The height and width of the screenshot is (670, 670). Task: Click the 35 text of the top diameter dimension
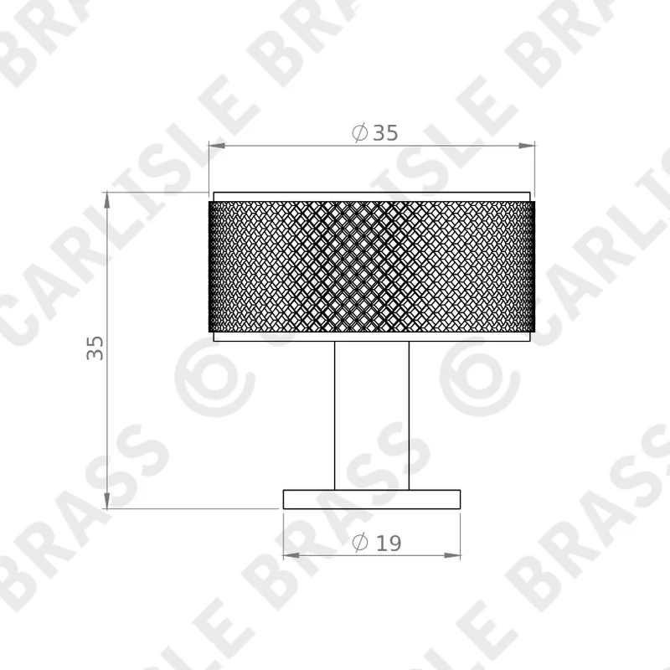[x=385, y=133]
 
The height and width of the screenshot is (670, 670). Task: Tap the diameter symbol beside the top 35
[x=360, y=132]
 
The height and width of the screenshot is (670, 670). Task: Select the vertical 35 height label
[x=95, y=348]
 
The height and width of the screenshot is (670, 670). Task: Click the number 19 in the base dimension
[x=389, y=543]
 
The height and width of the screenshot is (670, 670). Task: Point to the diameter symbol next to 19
[x=360, y=543]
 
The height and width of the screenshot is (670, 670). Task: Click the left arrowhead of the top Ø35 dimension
[x=217, y=146]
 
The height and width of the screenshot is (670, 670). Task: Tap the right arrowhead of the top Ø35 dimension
[x=527, y=146]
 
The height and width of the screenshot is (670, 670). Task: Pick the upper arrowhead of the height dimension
[x=107, y=200]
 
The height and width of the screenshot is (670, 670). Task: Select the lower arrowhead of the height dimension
[x=107, y=501]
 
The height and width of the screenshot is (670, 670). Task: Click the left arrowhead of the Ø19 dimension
[x=291, y=555]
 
